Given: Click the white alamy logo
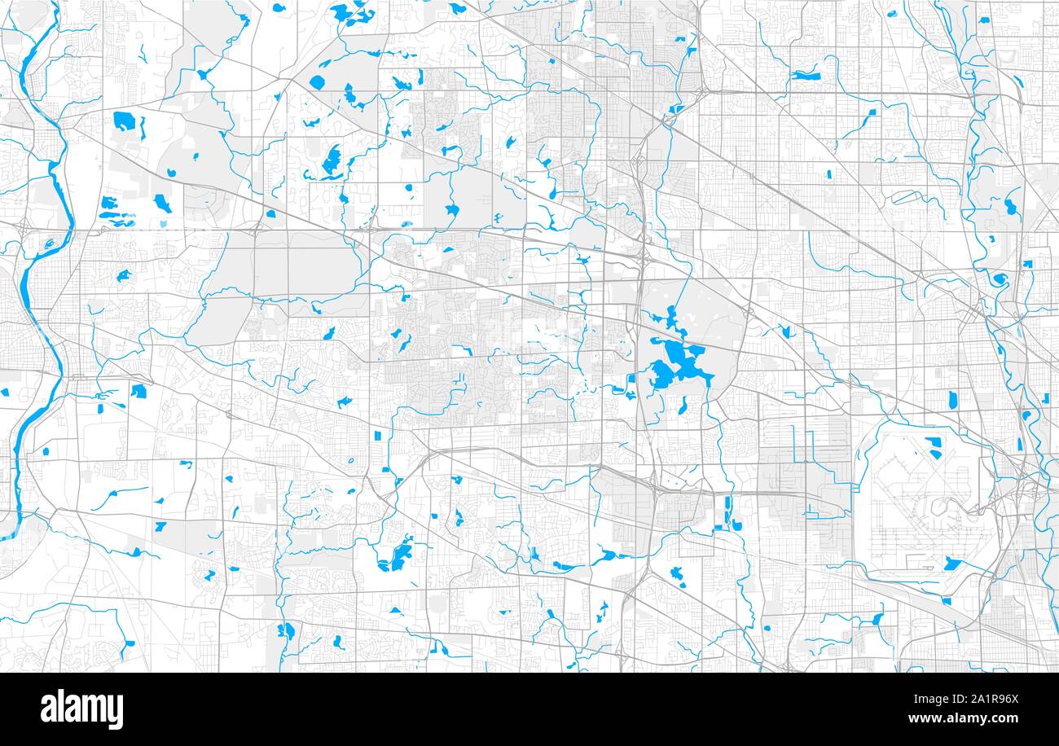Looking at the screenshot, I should pos(81,709).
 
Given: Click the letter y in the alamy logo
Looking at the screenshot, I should pos(114,712).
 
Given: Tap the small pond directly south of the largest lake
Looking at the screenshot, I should pos(683,408).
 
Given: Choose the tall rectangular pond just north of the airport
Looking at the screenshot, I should pos(952,400).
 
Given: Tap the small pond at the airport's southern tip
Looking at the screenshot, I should pos(946,601).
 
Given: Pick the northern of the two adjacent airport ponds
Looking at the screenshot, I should pos(932,442).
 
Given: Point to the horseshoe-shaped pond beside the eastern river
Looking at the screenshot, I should pos(999,280).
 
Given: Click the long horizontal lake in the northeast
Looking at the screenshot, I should pos(806,76).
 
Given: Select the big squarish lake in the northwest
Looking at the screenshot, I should pos(124,121).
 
